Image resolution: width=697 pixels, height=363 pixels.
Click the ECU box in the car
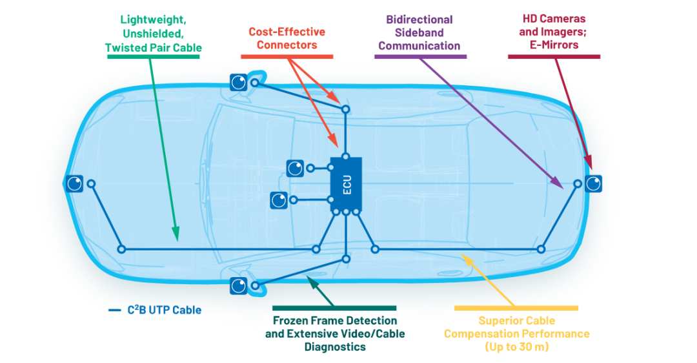tap(346, 184)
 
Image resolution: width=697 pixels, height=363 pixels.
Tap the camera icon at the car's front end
tap(74, 183)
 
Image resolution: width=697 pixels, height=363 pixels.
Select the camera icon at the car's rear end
tap(594, 183)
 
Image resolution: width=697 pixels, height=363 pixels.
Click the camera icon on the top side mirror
tap(239, 82)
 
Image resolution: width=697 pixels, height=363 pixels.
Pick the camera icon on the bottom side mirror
tap(239, 285)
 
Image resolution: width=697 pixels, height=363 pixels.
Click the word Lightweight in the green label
tap(153, 20)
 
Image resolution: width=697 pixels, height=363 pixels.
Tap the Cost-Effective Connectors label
tap(287, 38)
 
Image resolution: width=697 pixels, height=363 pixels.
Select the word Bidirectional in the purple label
tap(419, 19)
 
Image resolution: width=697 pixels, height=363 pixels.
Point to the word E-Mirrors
tap(554, 45)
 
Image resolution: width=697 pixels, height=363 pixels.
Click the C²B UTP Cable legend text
tap(165, 309)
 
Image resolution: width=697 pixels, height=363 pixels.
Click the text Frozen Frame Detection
tap(335, 321)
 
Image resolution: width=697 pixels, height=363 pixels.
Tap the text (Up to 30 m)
tap(516, 347)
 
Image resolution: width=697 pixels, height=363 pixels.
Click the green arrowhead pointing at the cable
tap(176, 234)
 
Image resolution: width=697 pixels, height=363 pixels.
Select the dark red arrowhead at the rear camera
tap(589, 162)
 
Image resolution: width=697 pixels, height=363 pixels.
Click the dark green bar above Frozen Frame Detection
tap(334, 308)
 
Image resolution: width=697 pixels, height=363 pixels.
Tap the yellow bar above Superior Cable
tap(516, 308)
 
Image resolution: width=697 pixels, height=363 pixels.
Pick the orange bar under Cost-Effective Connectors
tap(287, 56)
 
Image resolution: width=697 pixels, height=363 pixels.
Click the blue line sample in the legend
tap(115, 310)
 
